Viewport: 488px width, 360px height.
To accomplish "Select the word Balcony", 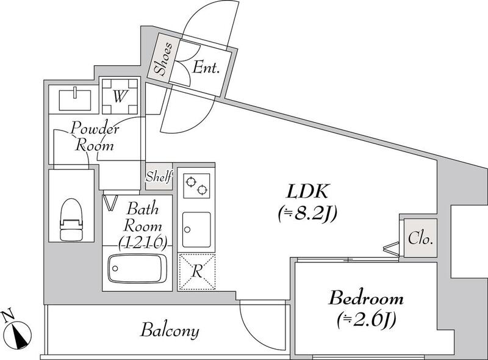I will point(170,331).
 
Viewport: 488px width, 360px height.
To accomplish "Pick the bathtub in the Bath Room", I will point(137,268).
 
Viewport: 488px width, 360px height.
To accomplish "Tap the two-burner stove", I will point(195,185).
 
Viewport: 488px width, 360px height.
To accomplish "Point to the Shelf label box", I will point(159,178).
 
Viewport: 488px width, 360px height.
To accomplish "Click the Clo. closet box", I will point(420,237).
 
